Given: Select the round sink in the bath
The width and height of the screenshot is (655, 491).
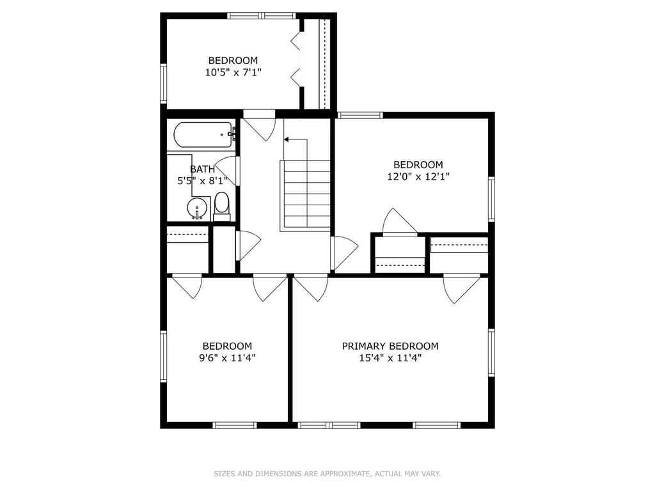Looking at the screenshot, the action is (x=197, y=208).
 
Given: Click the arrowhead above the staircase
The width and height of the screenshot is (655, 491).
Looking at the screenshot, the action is (x=287, y=139).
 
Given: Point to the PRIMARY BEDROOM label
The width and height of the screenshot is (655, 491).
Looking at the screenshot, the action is (x=390, y=346).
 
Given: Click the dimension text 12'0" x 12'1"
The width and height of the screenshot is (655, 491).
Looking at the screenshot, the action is (x=418, y=176).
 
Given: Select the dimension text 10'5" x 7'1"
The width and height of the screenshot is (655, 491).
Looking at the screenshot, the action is (x=233, y=72).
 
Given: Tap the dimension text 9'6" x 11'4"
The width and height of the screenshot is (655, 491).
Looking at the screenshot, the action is (x=227, y=358).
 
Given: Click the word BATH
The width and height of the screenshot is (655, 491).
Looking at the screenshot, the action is (x=203, y=169).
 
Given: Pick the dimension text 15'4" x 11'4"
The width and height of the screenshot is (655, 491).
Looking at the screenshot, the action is (x=390, y=358).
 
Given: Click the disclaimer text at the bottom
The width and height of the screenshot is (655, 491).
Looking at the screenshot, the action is (x=327, y=474).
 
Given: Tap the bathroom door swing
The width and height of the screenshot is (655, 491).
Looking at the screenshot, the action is (x=228, y=171).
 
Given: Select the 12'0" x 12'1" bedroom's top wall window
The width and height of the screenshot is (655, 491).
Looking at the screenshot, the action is (x=360, y=115).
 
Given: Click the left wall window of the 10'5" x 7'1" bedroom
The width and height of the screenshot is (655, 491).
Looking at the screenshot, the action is (x=163, y=84).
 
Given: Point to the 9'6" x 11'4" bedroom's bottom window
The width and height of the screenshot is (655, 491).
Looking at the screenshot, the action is (x=234, y=425).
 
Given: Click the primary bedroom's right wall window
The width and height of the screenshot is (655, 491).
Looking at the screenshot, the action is (x=492, y=354).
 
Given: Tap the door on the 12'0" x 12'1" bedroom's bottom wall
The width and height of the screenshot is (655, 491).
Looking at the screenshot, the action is (x=400, y=222).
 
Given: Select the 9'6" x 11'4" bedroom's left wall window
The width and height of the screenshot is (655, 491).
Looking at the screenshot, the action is (x=163, y=356).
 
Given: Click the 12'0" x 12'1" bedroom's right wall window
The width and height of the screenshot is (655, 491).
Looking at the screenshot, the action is (x=492, y=199).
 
